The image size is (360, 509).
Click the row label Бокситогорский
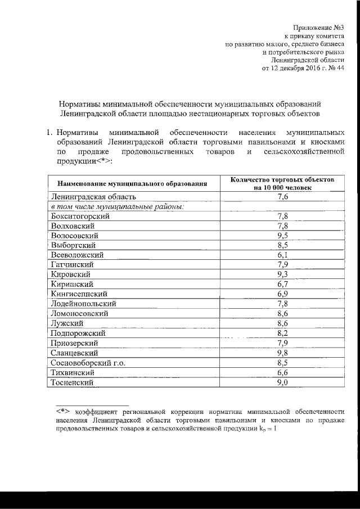coord(79,216)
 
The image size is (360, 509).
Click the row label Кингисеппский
coord(78,294)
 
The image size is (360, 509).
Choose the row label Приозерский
coord(75,343)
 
